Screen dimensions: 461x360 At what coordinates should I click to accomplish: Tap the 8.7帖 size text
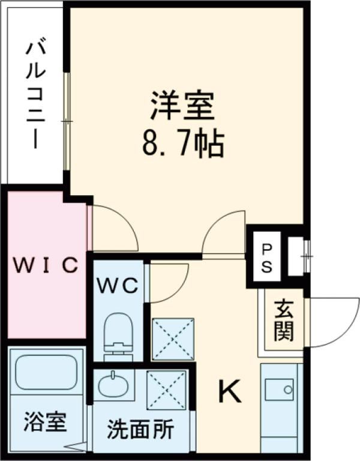182,144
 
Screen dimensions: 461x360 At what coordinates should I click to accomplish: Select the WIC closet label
46,265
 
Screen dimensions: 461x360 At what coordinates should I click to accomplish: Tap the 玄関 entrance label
281,321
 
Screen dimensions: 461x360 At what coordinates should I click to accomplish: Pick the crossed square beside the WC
173,339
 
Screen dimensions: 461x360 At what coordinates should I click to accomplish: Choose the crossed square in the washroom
167,389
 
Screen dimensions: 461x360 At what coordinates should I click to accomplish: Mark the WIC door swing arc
114,228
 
